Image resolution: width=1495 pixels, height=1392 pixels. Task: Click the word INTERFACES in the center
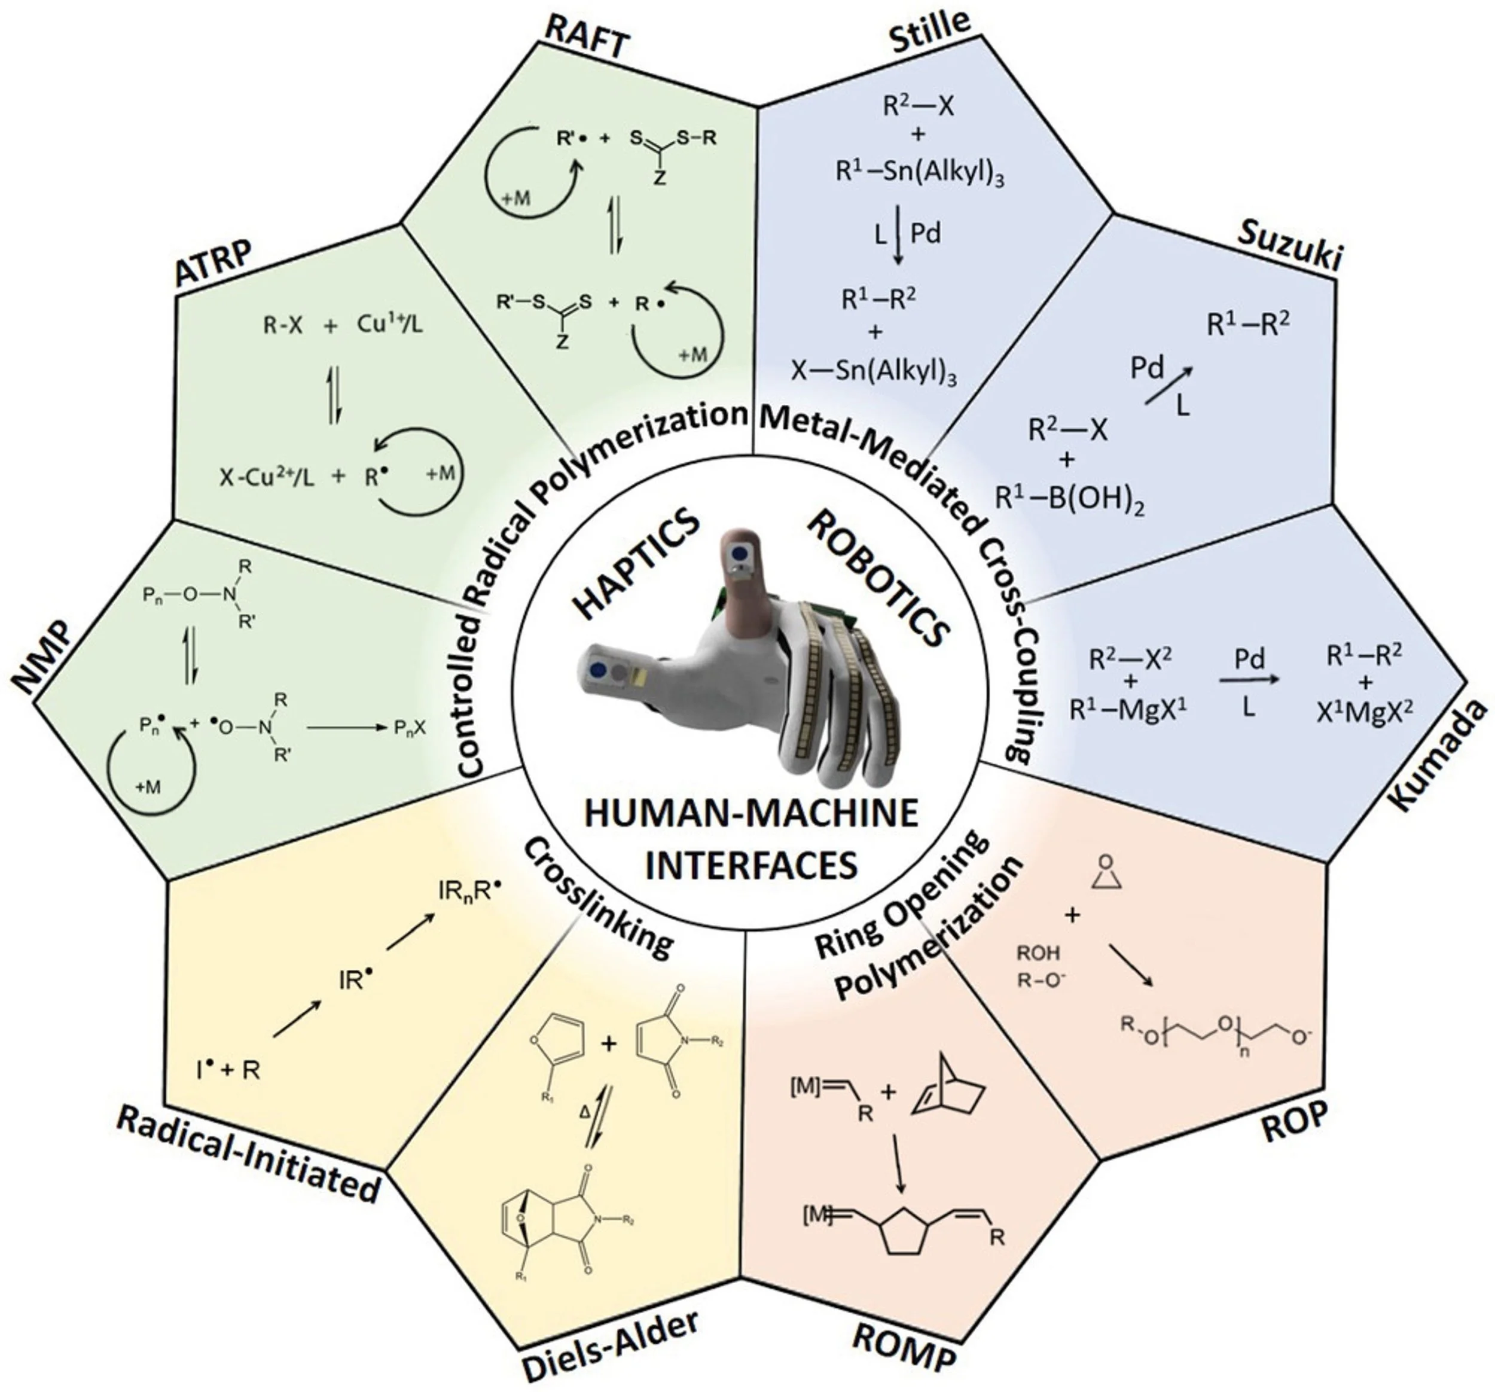coord(752,865)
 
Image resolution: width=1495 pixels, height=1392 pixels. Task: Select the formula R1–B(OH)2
coord(1069,499)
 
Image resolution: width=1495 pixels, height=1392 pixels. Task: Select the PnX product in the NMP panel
coord(411,727)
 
